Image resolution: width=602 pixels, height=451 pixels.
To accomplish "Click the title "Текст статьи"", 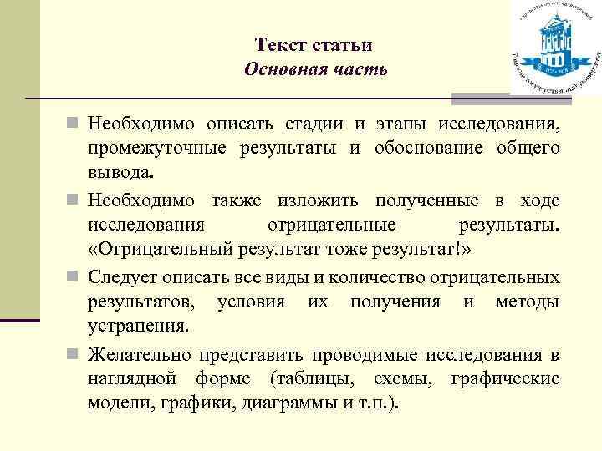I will pos(314,45).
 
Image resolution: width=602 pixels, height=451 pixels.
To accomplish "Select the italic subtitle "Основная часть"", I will pos(315,68).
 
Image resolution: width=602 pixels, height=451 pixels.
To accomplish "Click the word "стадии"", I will pos(313,124).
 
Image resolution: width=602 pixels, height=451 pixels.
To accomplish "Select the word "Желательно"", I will pos(140,354).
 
